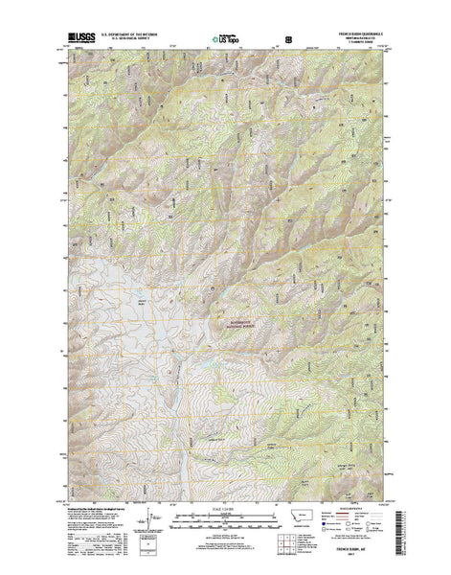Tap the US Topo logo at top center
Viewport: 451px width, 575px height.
coord(226,40)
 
